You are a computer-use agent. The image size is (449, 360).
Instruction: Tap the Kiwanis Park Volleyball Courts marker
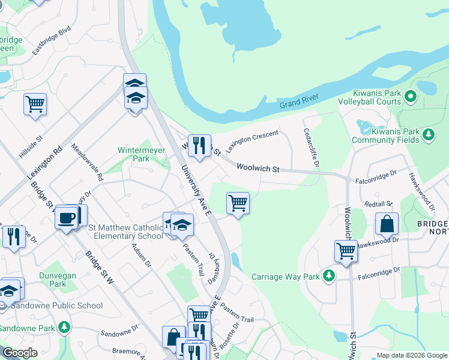(x=411, y=95)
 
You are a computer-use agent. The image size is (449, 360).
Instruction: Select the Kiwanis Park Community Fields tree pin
(x=428, y=133)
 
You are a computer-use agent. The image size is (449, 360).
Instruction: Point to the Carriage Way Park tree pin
(x=328, y=275)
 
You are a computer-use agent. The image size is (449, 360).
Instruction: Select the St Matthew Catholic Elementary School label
(x=125, y=231)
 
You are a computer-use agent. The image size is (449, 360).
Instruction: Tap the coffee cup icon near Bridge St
(x=67, y=217)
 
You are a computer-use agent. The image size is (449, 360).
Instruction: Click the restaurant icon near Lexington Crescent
(x=199, y=145)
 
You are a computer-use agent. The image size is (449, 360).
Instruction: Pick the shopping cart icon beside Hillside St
(x=35, y=104)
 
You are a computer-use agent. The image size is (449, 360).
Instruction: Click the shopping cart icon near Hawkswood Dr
(x=346, y=251)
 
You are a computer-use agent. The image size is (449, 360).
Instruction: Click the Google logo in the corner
(x=20, y=353)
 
